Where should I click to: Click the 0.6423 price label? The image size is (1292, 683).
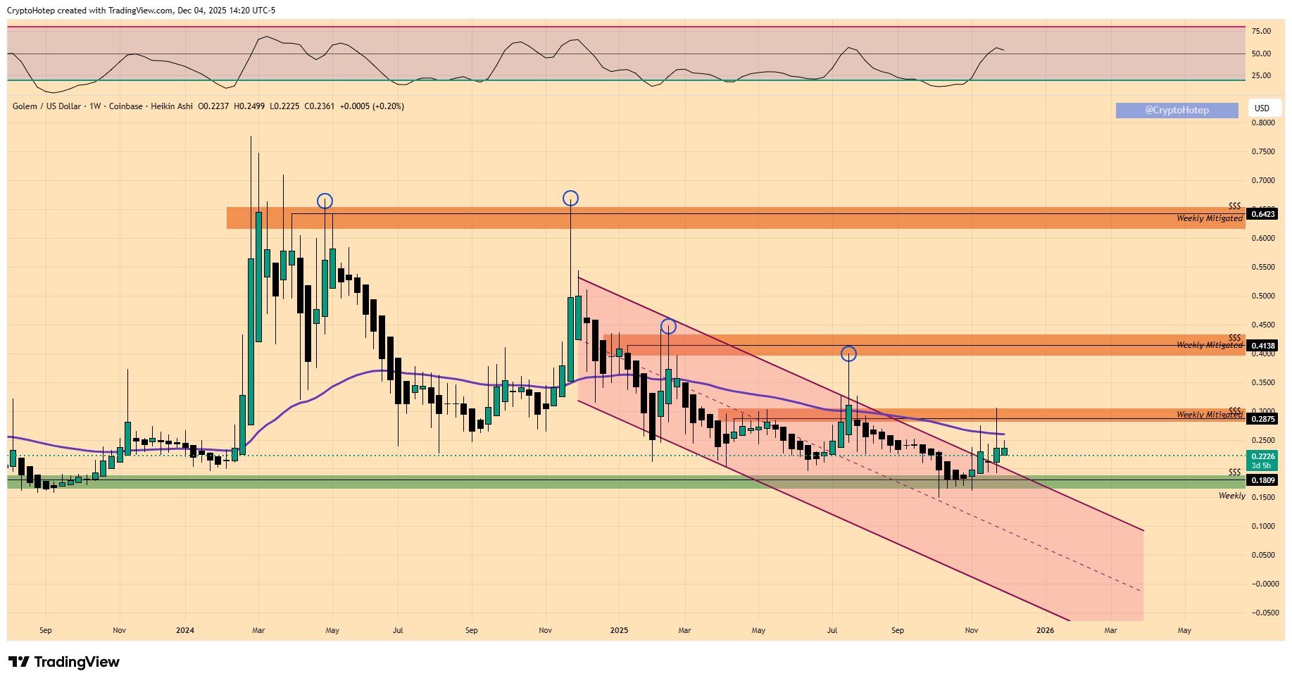[1261, 214]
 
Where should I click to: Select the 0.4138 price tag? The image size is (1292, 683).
[1261, 346]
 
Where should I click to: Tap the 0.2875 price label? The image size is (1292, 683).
[1261, 419]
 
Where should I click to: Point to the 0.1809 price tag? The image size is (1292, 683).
[1261, 480]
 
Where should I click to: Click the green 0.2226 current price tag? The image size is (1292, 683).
[1261, 457]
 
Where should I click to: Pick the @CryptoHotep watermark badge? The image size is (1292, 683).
[1177, 110]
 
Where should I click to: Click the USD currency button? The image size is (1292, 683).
[1262, 108]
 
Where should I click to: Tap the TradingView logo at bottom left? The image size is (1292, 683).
[64, 662]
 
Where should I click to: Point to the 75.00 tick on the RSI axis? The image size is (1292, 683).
[1261, 31]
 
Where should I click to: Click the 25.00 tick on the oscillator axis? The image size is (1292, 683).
[1261, 76]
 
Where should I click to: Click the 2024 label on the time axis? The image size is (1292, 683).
[185, 630]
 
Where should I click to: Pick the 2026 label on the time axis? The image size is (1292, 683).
[1045, 630]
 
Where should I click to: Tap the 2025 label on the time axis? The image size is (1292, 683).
[619, 630]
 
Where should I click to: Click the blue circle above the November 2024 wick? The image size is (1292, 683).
[570, 199]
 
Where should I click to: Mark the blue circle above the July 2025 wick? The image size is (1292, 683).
[848, 353]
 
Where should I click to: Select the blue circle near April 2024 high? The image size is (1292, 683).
[324, 201]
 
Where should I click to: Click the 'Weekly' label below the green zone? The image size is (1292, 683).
[1231, 496]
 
